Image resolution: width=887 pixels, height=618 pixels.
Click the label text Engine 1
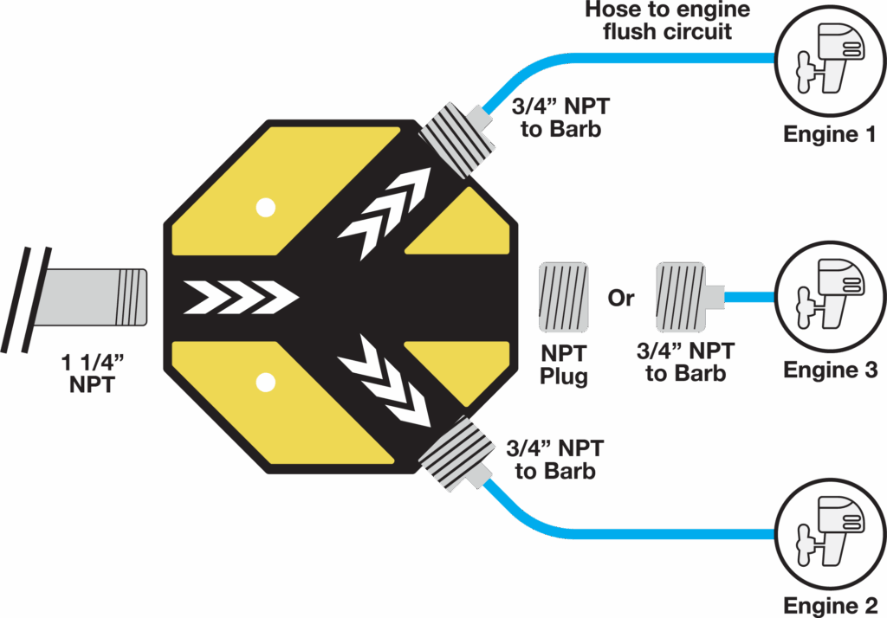829,135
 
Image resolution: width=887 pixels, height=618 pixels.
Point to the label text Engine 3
830,370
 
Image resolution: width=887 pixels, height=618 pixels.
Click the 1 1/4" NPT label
92,373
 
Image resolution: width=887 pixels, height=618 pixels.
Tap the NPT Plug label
563,364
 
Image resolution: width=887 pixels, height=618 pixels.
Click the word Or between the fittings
621,299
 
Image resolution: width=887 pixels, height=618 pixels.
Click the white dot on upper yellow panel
266,208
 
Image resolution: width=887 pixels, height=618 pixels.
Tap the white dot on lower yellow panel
266,382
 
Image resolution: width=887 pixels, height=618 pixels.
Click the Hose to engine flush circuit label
667,21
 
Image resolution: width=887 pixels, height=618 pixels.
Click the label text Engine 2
829,605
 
